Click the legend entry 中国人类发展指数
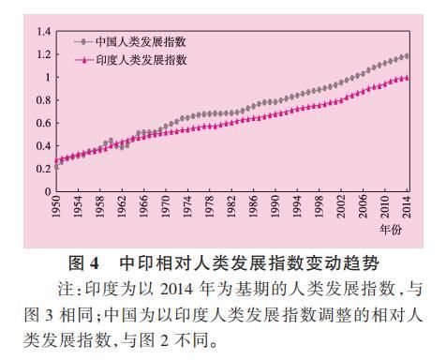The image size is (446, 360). point(137,41)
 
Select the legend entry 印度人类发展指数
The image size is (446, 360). point(137,59)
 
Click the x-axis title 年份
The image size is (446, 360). point(392,228)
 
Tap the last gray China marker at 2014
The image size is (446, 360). point(407,56)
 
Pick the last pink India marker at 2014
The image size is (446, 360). point(407,78)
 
